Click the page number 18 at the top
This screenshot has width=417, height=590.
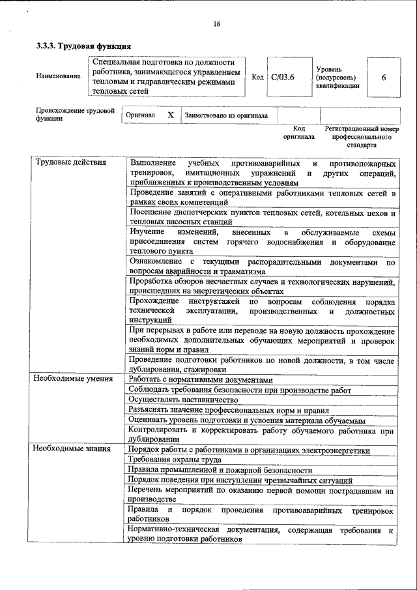pos(216,24)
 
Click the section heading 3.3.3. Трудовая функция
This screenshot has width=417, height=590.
pos(83,46)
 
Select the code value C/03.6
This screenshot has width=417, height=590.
pos(283,78)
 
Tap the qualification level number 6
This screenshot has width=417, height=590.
pos(384,78)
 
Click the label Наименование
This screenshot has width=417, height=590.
pos(59,77)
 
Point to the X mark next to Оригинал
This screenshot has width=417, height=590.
pos(170,115)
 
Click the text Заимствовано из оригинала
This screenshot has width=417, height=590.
pos(226,115)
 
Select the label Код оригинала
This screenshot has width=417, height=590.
pos(298,133)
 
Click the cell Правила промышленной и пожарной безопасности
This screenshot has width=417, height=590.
pos(220,469)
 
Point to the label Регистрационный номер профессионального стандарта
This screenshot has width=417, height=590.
pos(361,137)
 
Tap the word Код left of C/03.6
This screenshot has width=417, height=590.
pos(257,78)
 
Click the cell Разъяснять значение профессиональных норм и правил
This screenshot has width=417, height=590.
pos(229,410)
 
